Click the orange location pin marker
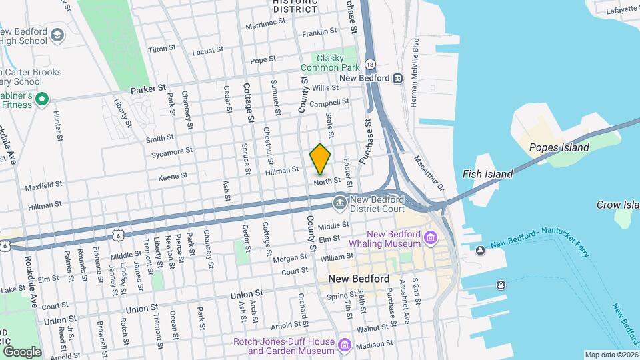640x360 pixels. [321, 159]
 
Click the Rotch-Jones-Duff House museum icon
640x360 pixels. [344, 345]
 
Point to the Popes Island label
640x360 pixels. [559, 148]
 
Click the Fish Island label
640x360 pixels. [487, 174]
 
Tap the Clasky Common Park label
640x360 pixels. [330, 63]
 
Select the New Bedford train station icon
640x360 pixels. [397, 78]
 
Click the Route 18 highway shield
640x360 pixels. [371, 65]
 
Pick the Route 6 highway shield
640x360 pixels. [118, 235]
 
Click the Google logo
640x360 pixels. [21, 351]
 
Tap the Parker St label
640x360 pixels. [148, 89]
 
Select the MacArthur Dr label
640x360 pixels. [429, 173]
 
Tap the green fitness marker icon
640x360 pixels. [42, 100]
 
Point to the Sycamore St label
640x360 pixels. [167, 152]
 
